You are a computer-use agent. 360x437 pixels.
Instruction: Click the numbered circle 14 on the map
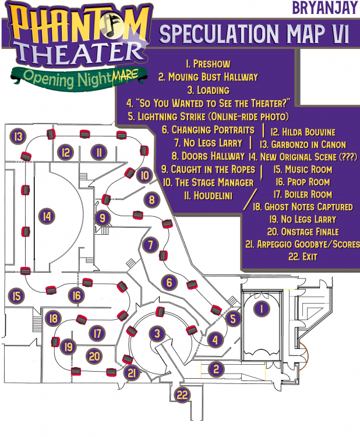47,216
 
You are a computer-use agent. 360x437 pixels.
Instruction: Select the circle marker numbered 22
183,395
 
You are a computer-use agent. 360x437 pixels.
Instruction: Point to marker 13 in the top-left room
19,138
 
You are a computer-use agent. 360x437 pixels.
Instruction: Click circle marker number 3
157,333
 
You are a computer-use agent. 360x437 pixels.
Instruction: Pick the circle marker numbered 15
17,296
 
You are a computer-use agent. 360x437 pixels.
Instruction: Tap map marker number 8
151,200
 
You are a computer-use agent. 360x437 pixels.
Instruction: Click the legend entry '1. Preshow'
207,63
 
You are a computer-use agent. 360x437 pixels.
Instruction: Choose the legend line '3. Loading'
208,90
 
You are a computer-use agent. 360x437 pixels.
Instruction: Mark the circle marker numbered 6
170,283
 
